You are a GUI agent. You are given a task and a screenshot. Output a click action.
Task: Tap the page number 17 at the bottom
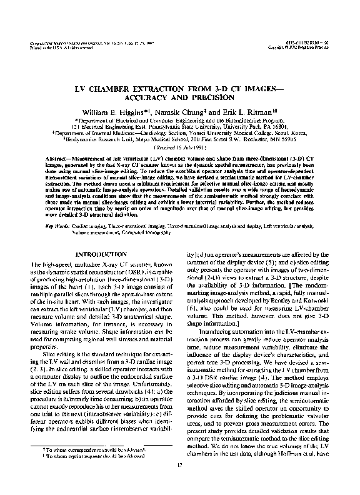[179, 480]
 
